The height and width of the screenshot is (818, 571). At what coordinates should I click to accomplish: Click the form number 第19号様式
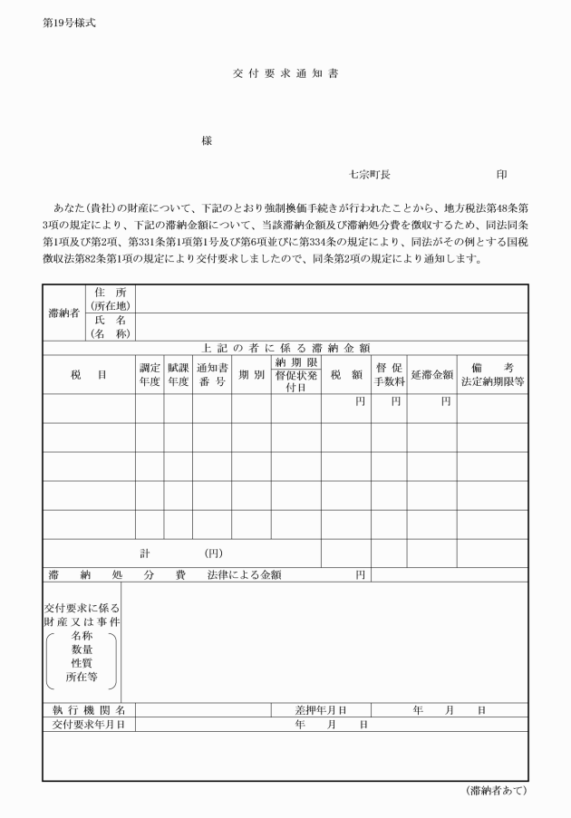(69, 23)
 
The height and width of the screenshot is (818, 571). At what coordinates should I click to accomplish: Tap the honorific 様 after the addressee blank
(208, 141)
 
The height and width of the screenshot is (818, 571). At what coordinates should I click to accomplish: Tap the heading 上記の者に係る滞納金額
(285, 347)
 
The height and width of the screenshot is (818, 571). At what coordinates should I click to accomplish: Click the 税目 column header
(89, 374)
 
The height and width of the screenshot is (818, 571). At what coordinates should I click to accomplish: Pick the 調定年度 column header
(150, 374)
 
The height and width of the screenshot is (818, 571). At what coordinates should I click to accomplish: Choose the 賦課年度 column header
(178, 374)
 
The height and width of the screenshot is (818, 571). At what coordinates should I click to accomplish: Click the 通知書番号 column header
(211, 374)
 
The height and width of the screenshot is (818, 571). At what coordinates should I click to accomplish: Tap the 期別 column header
(251, 374)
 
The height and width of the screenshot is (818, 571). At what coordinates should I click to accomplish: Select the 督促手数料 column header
(388, 374)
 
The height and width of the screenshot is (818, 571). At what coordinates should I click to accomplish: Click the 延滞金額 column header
(431, 374)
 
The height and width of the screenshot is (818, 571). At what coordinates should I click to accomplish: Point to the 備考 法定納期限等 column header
(492, 374)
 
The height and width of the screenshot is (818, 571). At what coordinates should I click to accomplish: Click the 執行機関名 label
(89, 710)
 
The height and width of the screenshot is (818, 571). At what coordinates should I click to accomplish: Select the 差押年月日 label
(321, 710)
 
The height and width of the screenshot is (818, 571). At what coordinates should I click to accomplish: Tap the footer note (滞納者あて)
(495, 791)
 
